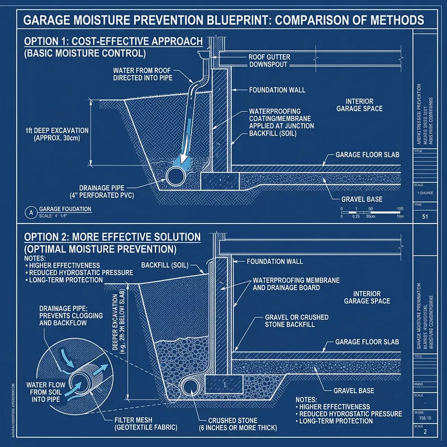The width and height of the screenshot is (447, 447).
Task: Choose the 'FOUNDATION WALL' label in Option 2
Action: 274,261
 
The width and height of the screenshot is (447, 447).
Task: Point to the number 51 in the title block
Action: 425,217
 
